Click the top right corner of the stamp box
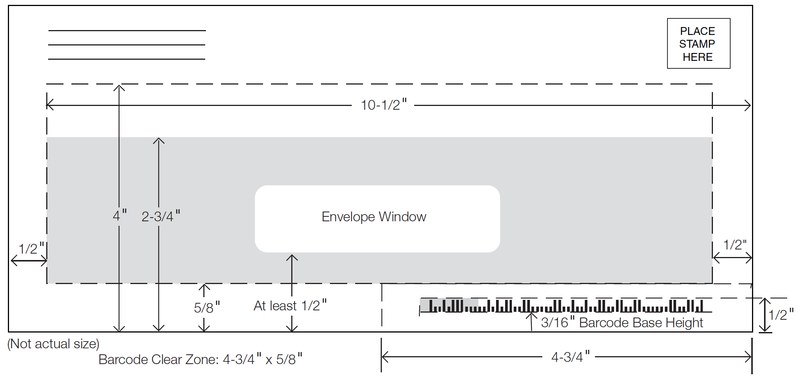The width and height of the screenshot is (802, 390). click(730, 18)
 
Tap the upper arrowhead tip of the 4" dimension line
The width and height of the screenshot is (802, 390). click(119, 85)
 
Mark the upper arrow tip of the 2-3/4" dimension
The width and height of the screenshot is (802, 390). click(159, 138)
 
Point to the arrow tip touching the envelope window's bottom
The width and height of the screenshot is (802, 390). click(292, 255)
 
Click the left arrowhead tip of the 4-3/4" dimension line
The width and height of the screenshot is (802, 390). click(382, 357)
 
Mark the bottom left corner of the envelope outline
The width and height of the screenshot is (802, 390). click(9, 332)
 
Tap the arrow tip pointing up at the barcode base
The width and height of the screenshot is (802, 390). click(531, 313)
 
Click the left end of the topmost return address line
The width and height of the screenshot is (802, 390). click(48, 30)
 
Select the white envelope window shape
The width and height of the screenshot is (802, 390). click(377, 219)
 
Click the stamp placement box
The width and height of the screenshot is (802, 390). click(699, 43)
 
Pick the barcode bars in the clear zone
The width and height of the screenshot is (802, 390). click(566, 306)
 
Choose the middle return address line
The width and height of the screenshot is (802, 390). click(127, 45)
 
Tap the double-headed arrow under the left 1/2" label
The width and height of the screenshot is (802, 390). click(29, 260)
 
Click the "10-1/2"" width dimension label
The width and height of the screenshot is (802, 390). click(384, 105)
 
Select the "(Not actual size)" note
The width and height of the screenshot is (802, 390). click(53, 344)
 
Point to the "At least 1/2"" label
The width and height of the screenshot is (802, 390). click(290, 305)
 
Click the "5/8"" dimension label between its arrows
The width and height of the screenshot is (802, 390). click(207, 307)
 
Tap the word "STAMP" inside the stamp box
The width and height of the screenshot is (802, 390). click(697, 44)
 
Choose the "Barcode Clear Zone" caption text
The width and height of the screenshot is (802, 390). click(200, 359)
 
